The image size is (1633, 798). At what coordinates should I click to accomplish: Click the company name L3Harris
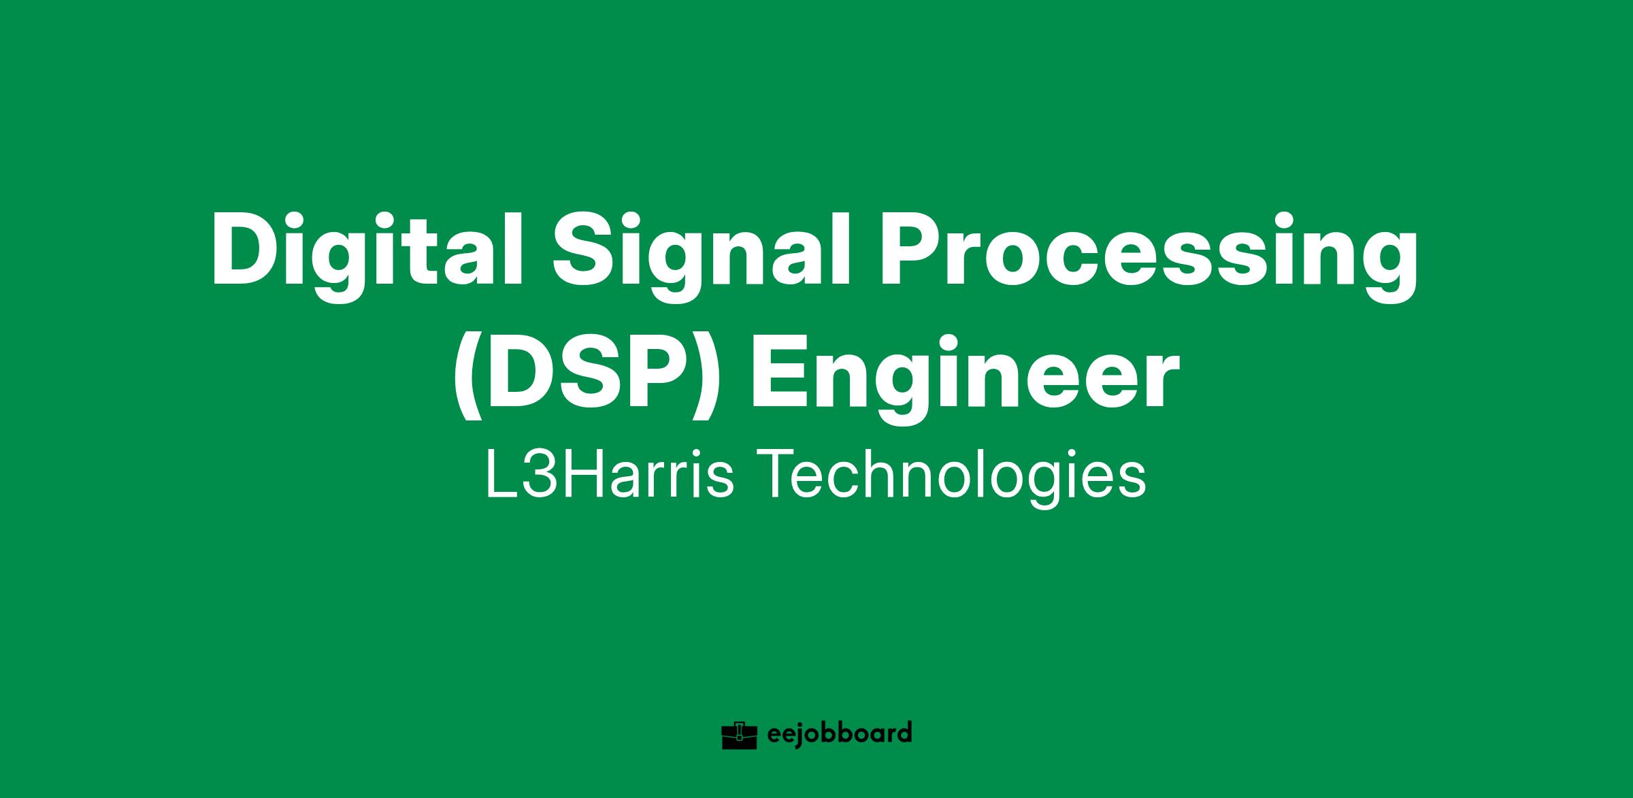(x=610, y=474)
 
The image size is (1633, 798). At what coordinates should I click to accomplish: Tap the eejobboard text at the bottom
(x=838, y=733)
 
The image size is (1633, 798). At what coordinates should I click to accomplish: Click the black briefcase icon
(x=739, y=735)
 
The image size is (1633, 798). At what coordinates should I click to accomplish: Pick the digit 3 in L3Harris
(x=538, y=475)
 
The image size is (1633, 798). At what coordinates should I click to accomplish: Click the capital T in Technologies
(x=782, y=475)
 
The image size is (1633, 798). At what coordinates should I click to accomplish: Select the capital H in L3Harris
(x=582, y=475)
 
